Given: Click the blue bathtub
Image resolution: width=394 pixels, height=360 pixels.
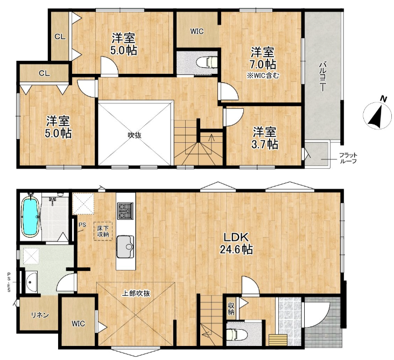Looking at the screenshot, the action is coord(31,216).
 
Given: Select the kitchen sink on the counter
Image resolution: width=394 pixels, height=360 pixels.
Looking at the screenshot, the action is coord(125,246).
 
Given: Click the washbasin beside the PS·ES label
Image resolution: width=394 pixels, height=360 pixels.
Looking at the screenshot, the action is coord(31,282).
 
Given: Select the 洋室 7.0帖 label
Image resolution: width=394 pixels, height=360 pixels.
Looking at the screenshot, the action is coord(262,58).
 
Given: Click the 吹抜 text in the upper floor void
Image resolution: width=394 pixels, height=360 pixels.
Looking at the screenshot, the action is coord(135,135).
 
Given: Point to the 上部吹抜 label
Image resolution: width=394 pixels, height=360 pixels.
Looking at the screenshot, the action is coord(136,293).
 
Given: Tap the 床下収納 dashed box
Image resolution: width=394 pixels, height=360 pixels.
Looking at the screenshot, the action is coord(103,231).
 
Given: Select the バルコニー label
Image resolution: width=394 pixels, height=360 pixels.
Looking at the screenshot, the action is coord(322,77).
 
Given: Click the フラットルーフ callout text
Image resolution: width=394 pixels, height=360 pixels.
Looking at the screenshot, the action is coord(348,158).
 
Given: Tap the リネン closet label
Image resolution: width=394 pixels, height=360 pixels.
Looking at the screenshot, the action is coord(40,315).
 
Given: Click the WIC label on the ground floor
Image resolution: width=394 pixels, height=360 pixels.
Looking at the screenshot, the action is coord(78,323).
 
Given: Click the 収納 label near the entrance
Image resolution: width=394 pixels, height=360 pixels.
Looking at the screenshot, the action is coord(231,309).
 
